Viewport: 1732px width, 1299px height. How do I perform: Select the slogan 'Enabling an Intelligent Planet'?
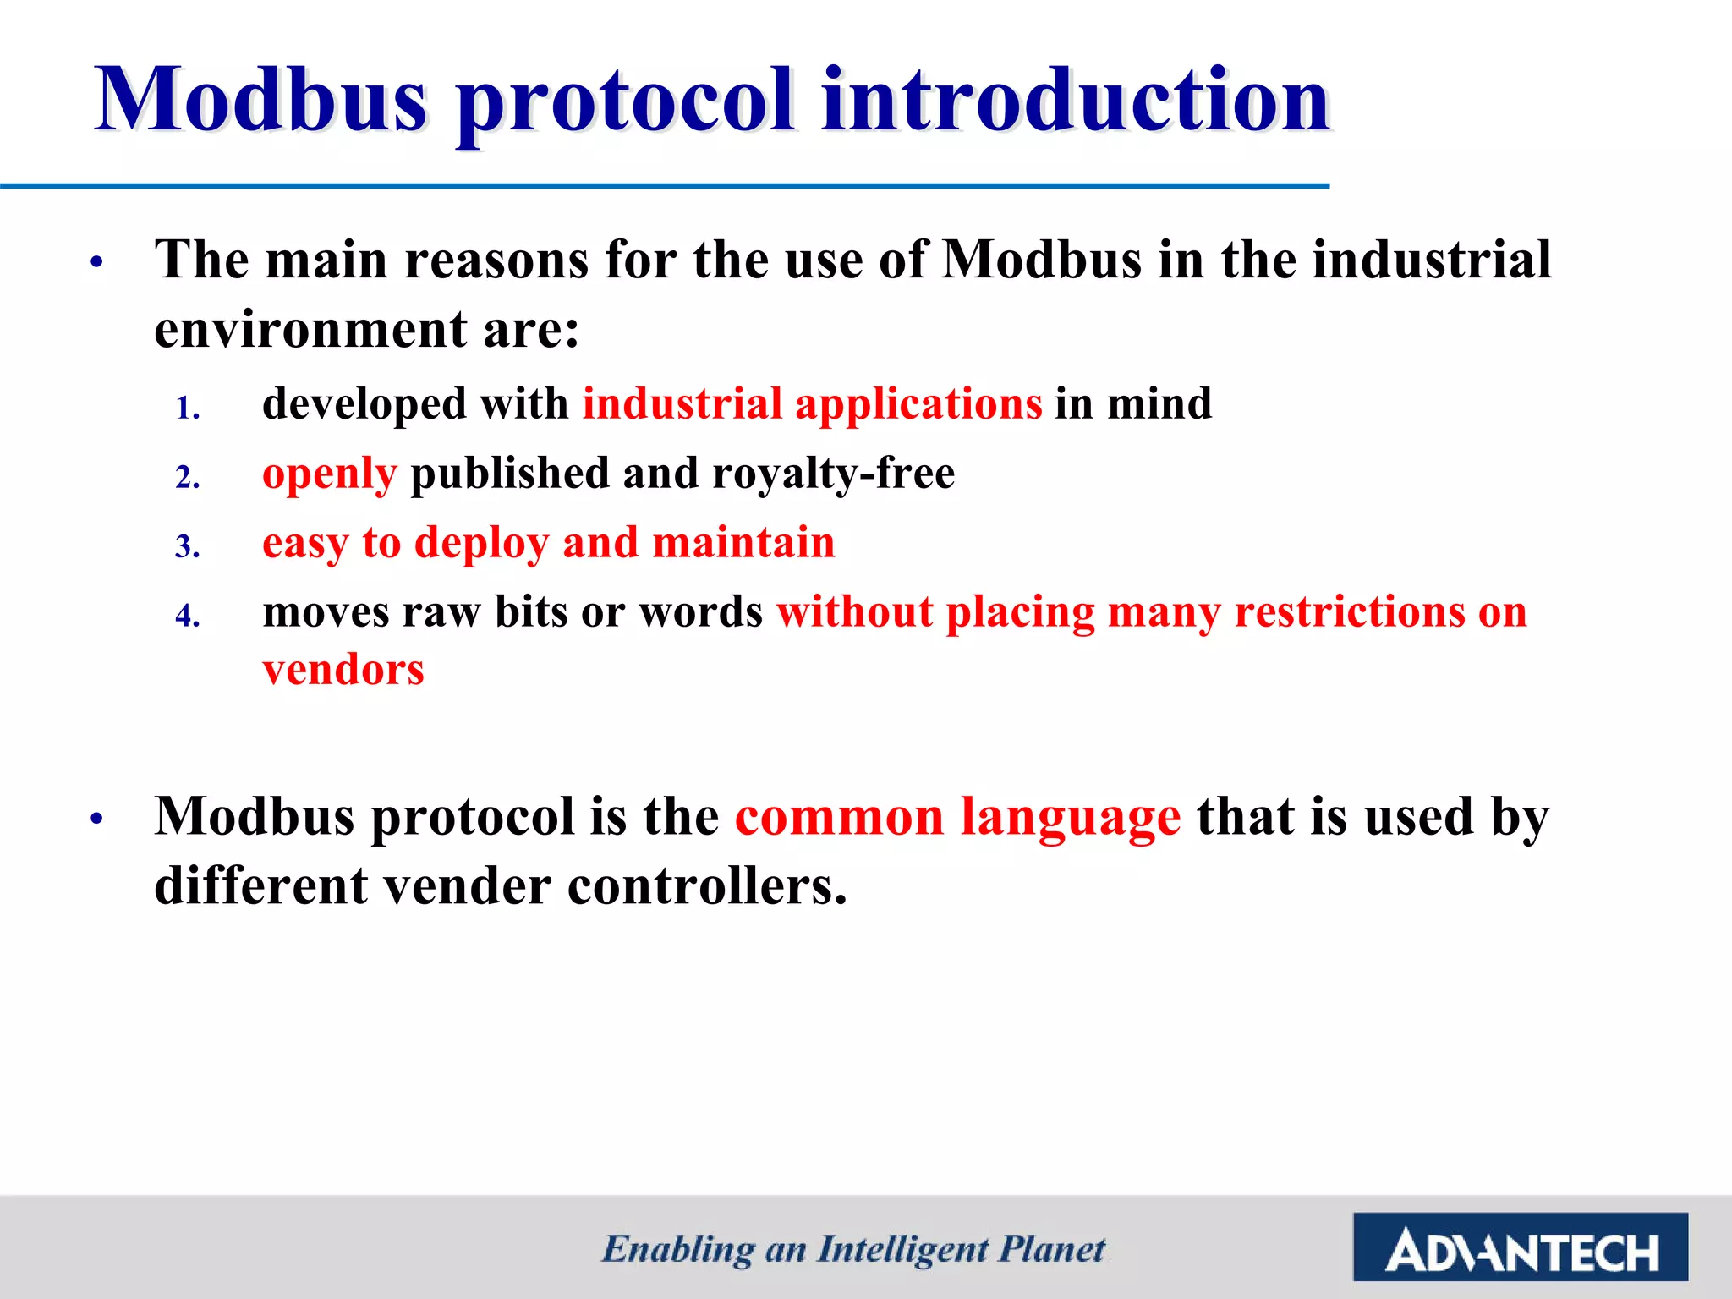tap(852, 1249)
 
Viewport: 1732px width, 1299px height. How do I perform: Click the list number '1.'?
tap(188, 409)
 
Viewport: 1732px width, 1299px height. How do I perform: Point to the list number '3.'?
tap(188, 547)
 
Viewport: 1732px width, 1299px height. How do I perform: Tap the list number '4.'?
tap(188, 616)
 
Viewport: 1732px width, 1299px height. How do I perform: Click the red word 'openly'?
tap(329, 474)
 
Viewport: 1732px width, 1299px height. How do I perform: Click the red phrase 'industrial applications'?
tap(812, 403)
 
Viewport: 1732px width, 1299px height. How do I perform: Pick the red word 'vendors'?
tap(343, 670)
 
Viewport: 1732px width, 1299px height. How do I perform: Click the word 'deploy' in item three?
tap(481, 544)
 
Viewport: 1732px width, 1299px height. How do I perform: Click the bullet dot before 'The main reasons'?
tap(97, 262)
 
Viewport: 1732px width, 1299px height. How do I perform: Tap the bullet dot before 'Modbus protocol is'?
tap(97, 819)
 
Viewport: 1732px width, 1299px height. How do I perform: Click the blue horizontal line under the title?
tap(665, 186)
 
